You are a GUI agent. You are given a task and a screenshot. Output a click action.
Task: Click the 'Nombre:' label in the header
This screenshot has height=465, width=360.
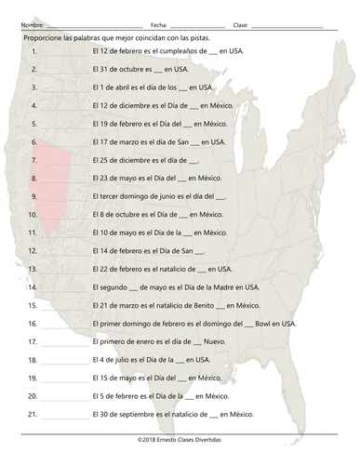click(32, 23)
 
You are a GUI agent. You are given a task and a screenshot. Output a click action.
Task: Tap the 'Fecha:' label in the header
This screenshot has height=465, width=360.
click(158, 23)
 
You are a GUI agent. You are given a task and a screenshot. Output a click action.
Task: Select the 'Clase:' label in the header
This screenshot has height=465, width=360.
click(241, 23)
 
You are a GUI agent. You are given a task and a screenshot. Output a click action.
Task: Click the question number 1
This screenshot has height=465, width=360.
click(33, 52)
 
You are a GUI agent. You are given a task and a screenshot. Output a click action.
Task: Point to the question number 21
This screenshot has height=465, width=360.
click(33, 414)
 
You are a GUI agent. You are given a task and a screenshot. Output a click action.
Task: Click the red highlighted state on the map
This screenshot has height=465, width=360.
click(47, 177)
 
